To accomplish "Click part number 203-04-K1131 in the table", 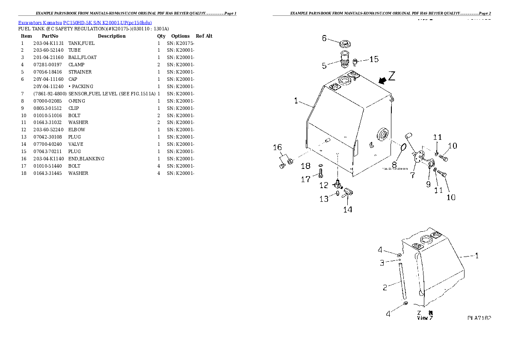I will [48, 43].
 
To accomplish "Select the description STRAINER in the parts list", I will [80, 72].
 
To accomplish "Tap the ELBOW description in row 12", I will [77, 130].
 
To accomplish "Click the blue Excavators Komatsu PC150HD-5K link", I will [85, 22].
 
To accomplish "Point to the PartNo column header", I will [50, 36].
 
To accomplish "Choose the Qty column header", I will [161, 36].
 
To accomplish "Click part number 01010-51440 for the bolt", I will [48, 166].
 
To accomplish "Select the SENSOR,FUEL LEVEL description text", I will [112, 94].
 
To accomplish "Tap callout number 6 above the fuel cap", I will [324, 38].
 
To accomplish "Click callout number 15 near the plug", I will [373, 59].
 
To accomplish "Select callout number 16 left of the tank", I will [277, 148].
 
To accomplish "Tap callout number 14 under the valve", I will [348, 210].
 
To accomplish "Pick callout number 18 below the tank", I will [305, 166].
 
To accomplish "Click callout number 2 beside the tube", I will [385, 287].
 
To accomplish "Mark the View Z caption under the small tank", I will [425, 318].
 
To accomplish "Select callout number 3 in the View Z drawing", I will [382, 263].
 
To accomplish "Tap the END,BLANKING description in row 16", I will [86, 159].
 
